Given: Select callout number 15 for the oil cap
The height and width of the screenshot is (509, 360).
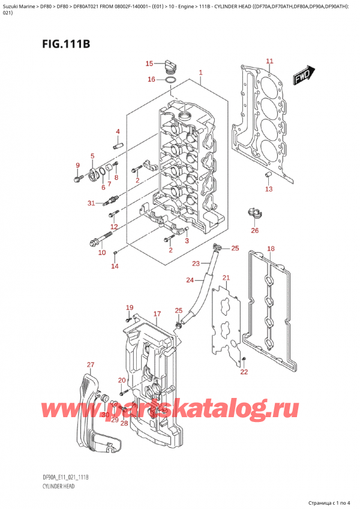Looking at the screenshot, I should (149, 63).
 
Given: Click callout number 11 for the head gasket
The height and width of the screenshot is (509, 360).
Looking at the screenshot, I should (269, 61).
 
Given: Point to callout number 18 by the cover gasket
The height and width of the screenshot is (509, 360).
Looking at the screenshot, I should (271, 248).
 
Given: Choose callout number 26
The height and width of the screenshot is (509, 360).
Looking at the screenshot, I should (255, 230).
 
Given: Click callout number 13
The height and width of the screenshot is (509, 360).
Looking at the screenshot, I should (269, 189).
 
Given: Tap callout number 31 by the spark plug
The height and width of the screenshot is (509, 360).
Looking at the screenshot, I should (91, 203).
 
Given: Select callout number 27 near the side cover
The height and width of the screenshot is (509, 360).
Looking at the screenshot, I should (91, 365).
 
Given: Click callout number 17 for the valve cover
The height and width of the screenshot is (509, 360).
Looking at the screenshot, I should (157, 314).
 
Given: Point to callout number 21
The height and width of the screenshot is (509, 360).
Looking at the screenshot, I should (226, 277).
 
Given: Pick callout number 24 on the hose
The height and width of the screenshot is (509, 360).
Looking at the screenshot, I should (190, 280).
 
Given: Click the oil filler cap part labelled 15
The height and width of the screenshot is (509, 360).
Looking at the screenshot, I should (170, 64).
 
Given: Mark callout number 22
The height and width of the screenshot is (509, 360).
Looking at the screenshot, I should (244, 372).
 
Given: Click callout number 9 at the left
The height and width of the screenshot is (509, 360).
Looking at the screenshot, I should (77, 166).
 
